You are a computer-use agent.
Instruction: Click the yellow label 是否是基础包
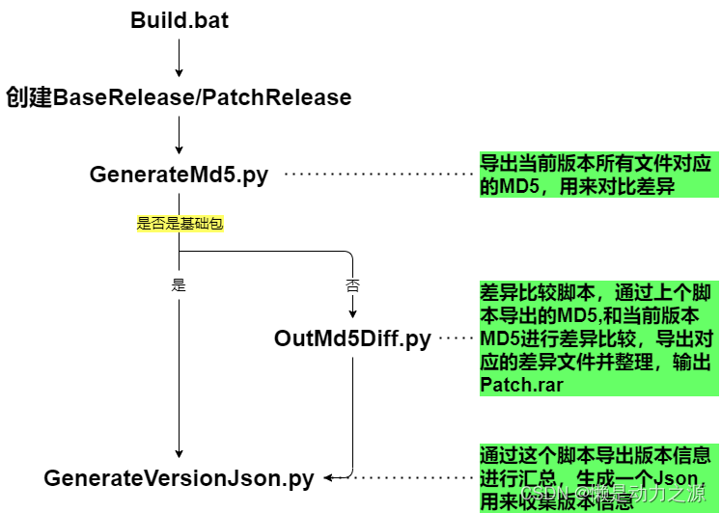coord(180,224)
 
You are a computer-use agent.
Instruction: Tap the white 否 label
coord(352,286)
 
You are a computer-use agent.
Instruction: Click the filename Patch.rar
coord(521,385)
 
